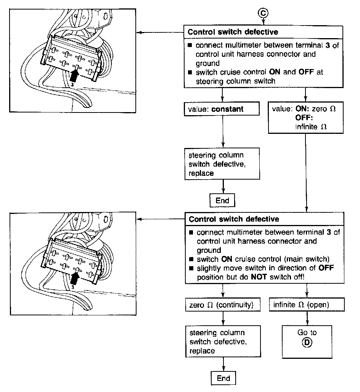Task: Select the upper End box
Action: [222, 200]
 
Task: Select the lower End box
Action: [223, 378]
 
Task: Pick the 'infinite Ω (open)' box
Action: [307, 305]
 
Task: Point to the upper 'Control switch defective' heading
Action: [233, 32]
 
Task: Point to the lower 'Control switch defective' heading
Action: [234, 219]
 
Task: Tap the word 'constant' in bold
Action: [227, 109]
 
